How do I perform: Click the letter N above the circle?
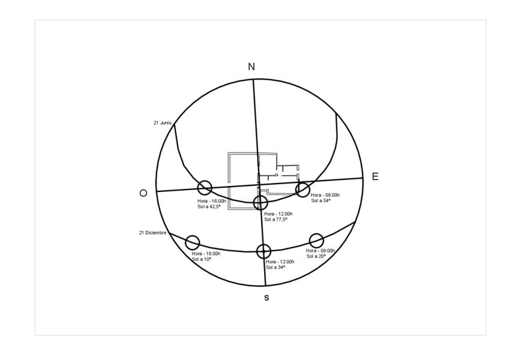251,67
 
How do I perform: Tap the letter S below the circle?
267,298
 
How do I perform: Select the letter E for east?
375,176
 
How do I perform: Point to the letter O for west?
143,193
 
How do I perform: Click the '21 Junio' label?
162,123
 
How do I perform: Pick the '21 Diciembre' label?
152,233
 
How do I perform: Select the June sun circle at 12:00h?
261,196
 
